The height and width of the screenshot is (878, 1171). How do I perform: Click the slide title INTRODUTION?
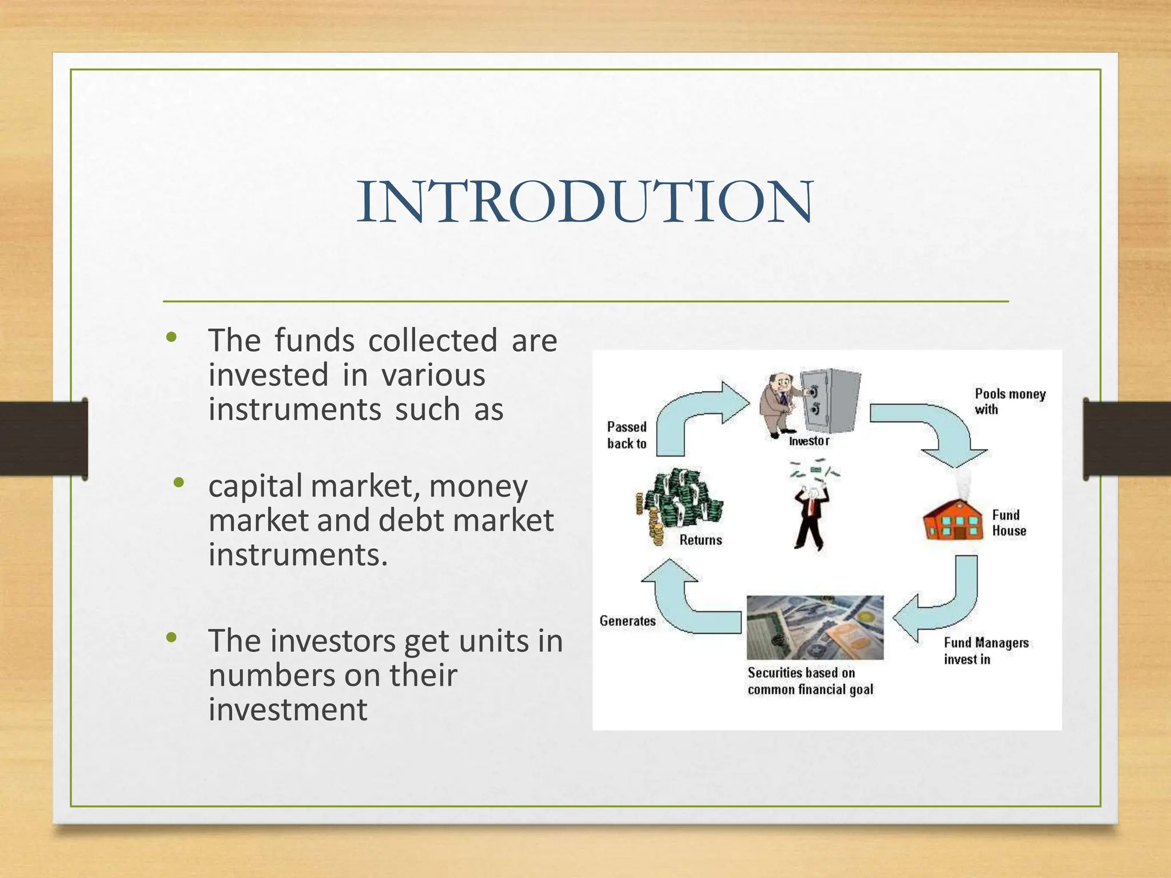point(584,201)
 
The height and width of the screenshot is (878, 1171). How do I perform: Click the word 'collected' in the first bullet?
point(433,341)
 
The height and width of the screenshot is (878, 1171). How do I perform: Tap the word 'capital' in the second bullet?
point(255,486)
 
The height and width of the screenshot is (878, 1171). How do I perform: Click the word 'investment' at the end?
point(288,710)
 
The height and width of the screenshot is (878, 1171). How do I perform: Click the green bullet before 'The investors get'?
point(171,637)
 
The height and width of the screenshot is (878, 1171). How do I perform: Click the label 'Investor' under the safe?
point(808,441)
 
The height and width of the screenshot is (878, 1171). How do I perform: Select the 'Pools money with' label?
point(1009,401)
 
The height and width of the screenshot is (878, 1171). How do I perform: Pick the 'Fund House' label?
point(1009,523)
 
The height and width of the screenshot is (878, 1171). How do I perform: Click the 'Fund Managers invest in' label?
point(985,651)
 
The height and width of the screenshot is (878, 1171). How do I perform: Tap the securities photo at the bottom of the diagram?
point(815,628)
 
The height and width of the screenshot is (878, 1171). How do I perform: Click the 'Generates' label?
point(627,621)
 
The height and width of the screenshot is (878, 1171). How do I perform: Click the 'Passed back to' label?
point(627,435)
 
